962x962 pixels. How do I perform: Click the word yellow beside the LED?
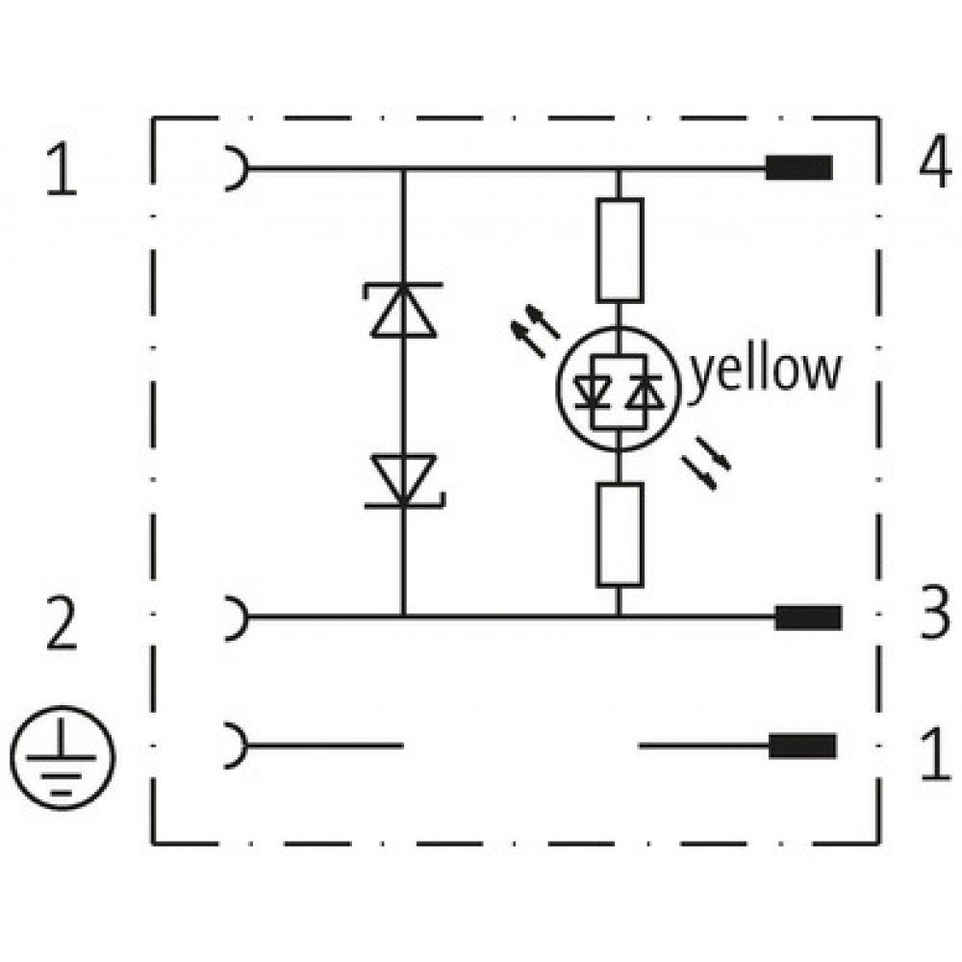767,372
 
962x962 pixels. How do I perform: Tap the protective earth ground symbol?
63,758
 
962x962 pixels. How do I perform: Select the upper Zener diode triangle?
404,310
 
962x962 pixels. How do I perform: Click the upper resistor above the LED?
620,250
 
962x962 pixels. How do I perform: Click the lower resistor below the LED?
620,534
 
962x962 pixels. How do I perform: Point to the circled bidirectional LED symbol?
619,389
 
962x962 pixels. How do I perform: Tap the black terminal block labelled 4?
798,167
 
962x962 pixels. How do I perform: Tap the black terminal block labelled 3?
808,618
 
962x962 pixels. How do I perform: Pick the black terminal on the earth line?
802,746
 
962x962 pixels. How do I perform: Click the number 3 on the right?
934,613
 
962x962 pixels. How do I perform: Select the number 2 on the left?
62,623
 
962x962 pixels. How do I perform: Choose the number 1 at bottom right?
936,754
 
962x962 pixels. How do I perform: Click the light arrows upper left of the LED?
535,331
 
